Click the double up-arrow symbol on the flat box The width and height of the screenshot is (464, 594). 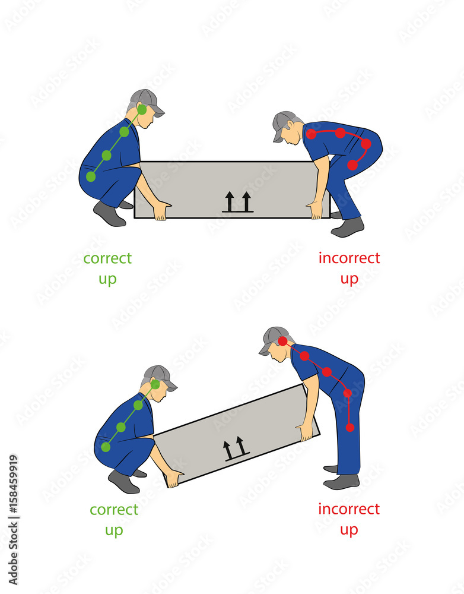pyautogui.click(x=238, y=202)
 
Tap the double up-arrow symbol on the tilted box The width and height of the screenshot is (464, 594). pyautogui.click(x=235, y=448)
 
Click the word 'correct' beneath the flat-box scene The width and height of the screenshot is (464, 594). pyautogui.click(x=107, y=258)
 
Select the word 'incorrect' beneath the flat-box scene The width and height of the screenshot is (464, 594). pyautogui.click(x=349, y=258)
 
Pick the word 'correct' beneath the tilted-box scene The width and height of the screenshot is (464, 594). pyautogui.click(x=114, y=510)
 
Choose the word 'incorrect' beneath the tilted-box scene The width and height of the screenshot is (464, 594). pyautogui.click(x=349, y=509)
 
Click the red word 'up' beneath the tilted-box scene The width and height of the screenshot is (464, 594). pyautogui.click(x=349, y=530)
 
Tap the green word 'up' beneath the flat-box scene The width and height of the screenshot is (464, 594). pyautogui.click(x=107, y=279)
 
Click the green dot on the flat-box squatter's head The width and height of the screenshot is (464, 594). pyautogui.click(x=142, y=110)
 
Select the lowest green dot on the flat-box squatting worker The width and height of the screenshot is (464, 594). pyautogui.click(x=91, y=176)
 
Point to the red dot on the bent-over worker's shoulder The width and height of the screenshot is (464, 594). pyautogui.click(x=312, y=134)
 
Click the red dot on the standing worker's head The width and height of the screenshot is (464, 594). pyautogui.click(x=283, y=341)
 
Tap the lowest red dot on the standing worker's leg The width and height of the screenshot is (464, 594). pyautogui.click(x=350, y=427)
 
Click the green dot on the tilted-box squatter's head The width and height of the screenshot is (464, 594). pyautogui.click(x=155, y=384)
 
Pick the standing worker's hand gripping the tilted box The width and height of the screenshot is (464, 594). pyautogui.click(x=306, y=431)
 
